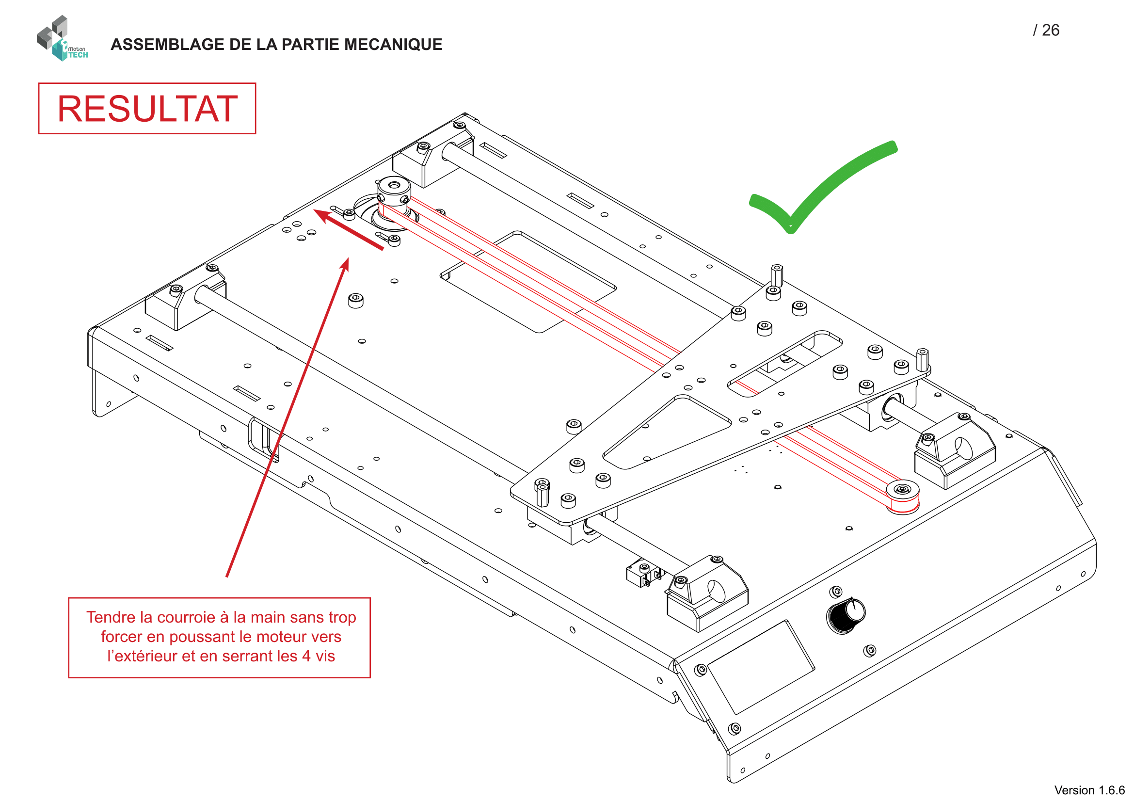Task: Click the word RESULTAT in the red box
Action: (x=147, y=109)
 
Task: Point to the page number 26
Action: (x=1051, y=30)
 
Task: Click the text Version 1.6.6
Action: (x=1088, y=790)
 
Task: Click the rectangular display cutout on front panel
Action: (x=761, y=667)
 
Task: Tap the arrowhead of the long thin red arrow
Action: (x=345, y=264)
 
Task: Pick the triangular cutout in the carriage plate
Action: (x=667, y=432)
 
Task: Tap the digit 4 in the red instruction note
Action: (x=306, y=656)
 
